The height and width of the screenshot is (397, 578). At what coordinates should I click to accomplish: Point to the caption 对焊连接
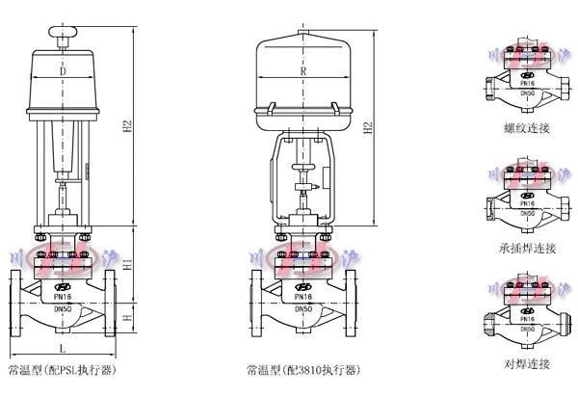525,363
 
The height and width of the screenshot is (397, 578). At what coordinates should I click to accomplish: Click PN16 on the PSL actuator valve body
62,297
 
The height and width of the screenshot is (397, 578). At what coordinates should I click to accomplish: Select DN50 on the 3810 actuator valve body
303,308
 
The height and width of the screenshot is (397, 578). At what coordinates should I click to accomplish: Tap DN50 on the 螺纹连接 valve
526,93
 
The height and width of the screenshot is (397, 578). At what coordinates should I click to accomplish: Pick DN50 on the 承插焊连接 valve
526,213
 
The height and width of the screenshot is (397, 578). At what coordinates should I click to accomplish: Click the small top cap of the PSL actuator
63,35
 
